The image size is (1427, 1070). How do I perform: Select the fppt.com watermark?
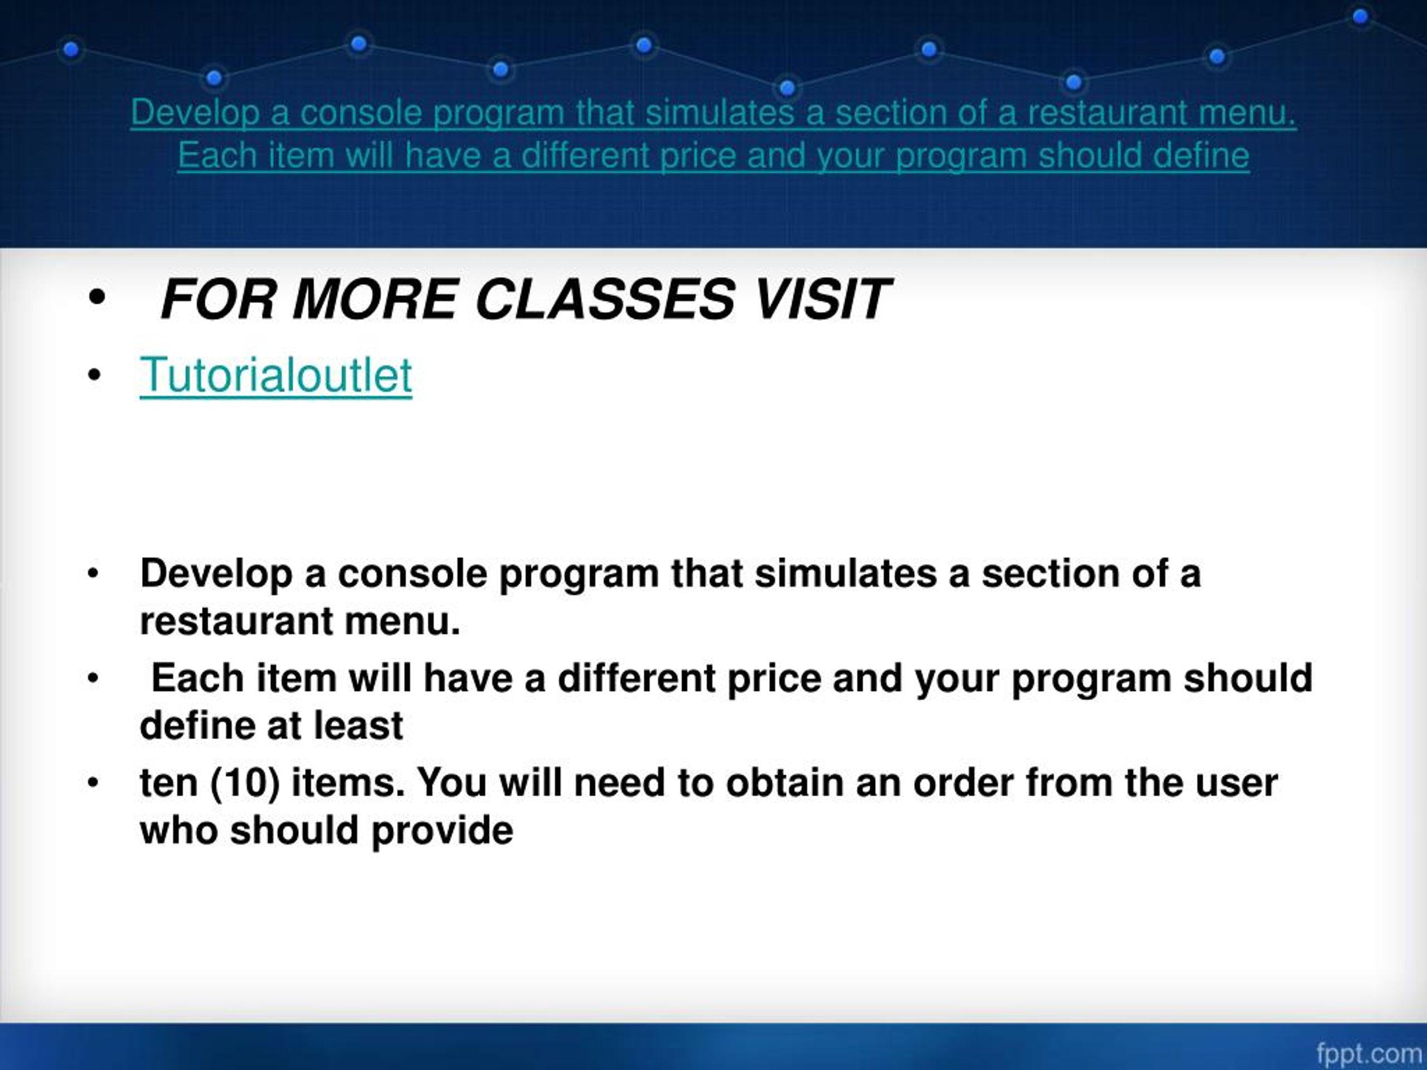(x=1369, y=1054)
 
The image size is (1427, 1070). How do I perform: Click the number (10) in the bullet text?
(x=245, y=783)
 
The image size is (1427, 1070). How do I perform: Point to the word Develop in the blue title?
(x=195, y=113)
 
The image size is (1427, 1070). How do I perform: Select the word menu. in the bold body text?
(x=402, y=621)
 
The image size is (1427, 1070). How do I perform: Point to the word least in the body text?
(x=358, y=726)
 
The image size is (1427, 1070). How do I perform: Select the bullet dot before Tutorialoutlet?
(x=94, y=376)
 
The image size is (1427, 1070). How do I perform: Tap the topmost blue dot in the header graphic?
(x=1360, y=17)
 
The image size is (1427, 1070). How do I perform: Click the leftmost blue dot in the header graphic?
(x=71, y=49)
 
